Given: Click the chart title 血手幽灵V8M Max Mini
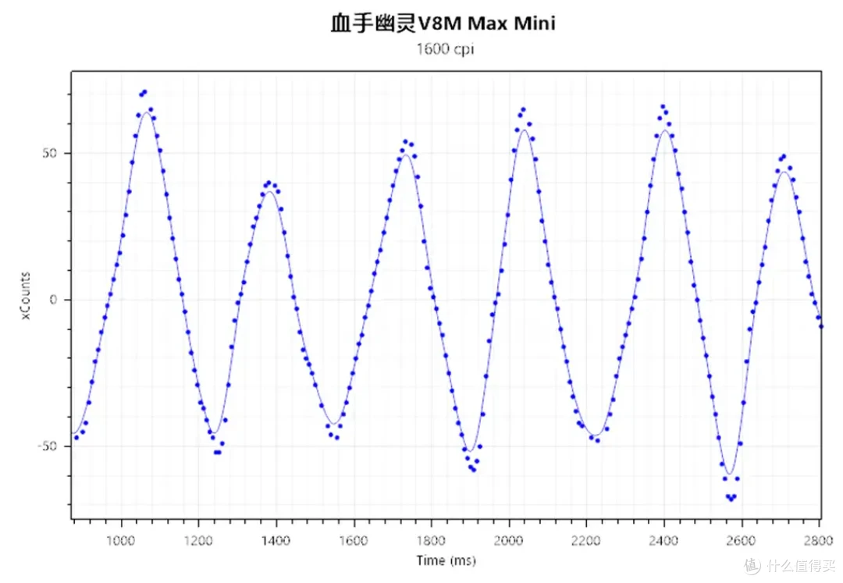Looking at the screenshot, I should click(x=443, y=24).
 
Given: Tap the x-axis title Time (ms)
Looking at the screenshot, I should click(x=446, y=560).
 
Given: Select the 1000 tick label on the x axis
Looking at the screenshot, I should click(x=121, y=540).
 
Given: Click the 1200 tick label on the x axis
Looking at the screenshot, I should click(x=198, y=540).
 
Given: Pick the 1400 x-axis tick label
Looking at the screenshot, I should click(x=276, y=540).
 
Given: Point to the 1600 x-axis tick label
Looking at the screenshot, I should click(x=353, y=540).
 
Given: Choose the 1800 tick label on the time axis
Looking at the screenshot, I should click(x=431, y=540).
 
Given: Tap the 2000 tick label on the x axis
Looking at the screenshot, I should click(x=508, y=540).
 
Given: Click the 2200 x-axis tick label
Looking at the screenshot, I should click(x=585, y=540).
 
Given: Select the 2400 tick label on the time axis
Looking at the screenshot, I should click(x=663, y=540).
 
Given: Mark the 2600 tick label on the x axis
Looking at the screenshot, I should click(x=741, y=540).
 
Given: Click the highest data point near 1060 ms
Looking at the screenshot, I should click(x=144, y=92).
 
